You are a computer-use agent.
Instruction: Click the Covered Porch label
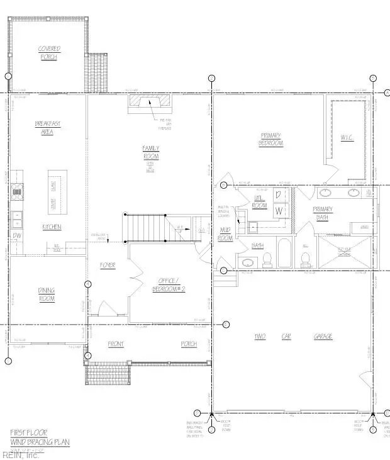click(x=48, y=53)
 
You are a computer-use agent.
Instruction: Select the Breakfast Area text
click(x=47, y=128)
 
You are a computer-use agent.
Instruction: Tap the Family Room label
click(x=150, y=152)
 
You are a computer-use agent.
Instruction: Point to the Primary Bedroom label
click(x=271, y=139)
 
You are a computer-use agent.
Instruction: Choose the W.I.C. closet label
click(x=348, y=138)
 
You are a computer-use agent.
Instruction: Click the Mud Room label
click(x=225, y=234)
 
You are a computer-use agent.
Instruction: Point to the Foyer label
click(x=108, y=266)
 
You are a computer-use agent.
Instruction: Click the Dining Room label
click(x=47, y=295)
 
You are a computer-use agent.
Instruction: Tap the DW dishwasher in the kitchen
click(x=16, y=236)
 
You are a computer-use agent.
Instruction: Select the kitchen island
click(x=52, y=191)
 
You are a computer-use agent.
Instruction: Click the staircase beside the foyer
click(x=146, y=227)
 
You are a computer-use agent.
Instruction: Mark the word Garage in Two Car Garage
click(x=323, y=337)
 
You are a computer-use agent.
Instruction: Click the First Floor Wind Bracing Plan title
click(x=39, y=437)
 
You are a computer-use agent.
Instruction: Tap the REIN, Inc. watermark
click(x=20, y=454)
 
